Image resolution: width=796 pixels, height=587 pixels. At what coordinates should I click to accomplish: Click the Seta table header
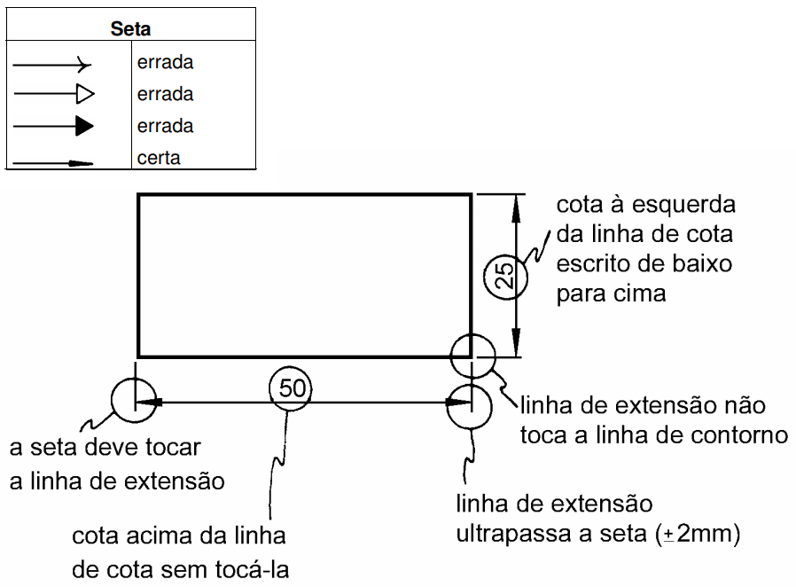tap(130, 29)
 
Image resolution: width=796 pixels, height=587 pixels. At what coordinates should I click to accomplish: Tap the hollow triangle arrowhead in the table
tap(85, 94)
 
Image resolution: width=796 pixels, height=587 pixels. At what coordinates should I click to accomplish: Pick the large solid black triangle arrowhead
tap(84, 126)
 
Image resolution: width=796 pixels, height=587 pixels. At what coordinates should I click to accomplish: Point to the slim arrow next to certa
tap(82, 163)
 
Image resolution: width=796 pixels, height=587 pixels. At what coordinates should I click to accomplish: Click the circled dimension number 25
tap(503, 277)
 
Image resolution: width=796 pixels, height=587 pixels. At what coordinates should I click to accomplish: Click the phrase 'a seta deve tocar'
tap(105, 449)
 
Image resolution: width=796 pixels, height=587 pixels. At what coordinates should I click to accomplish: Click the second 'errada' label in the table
tap(165, 94)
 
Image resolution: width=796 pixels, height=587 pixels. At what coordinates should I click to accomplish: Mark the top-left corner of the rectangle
tap(139, 195)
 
